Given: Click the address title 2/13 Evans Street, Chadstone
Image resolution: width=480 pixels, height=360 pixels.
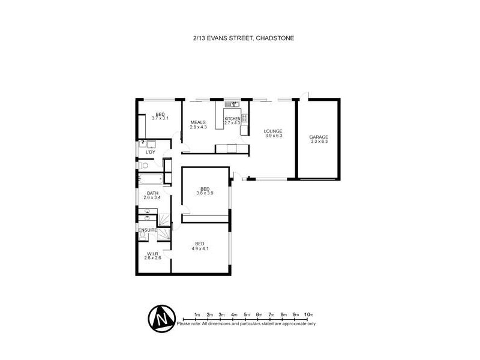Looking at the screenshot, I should [239, 38].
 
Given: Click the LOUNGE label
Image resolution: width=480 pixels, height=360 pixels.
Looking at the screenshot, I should [274, 131].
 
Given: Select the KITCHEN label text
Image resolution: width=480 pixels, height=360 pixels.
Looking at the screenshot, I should [232, 119].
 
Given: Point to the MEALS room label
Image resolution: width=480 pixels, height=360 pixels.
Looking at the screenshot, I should [198, 122].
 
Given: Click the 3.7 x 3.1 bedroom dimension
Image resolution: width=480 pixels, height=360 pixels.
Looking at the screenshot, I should [160, 119].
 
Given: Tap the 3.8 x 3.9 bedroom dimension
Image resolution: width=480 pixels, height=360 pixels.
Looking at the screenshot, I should [205, 193].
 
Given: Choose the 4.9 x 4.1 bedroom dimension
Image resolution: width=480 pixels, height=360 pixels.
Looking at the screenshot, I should [200, 248].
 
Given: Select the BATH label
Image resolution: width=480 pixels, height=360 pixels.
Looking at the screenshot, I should [152, 193].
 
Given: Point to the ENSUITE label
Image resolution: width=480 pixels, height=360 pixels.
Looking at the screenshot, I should [148, 229].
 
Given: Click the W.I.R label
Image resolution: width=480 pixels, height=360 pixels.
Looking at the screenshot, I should [152, 253].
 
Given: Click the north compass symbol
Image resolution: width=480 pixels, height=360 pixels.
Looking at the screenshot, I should [161, 317].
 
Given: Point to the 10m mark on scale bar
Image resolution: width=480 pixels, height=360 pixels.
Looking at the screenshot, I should [308, 314].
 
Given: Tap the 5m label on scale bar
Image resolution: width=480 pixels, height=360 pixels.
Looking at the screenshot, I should [247, 314].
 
